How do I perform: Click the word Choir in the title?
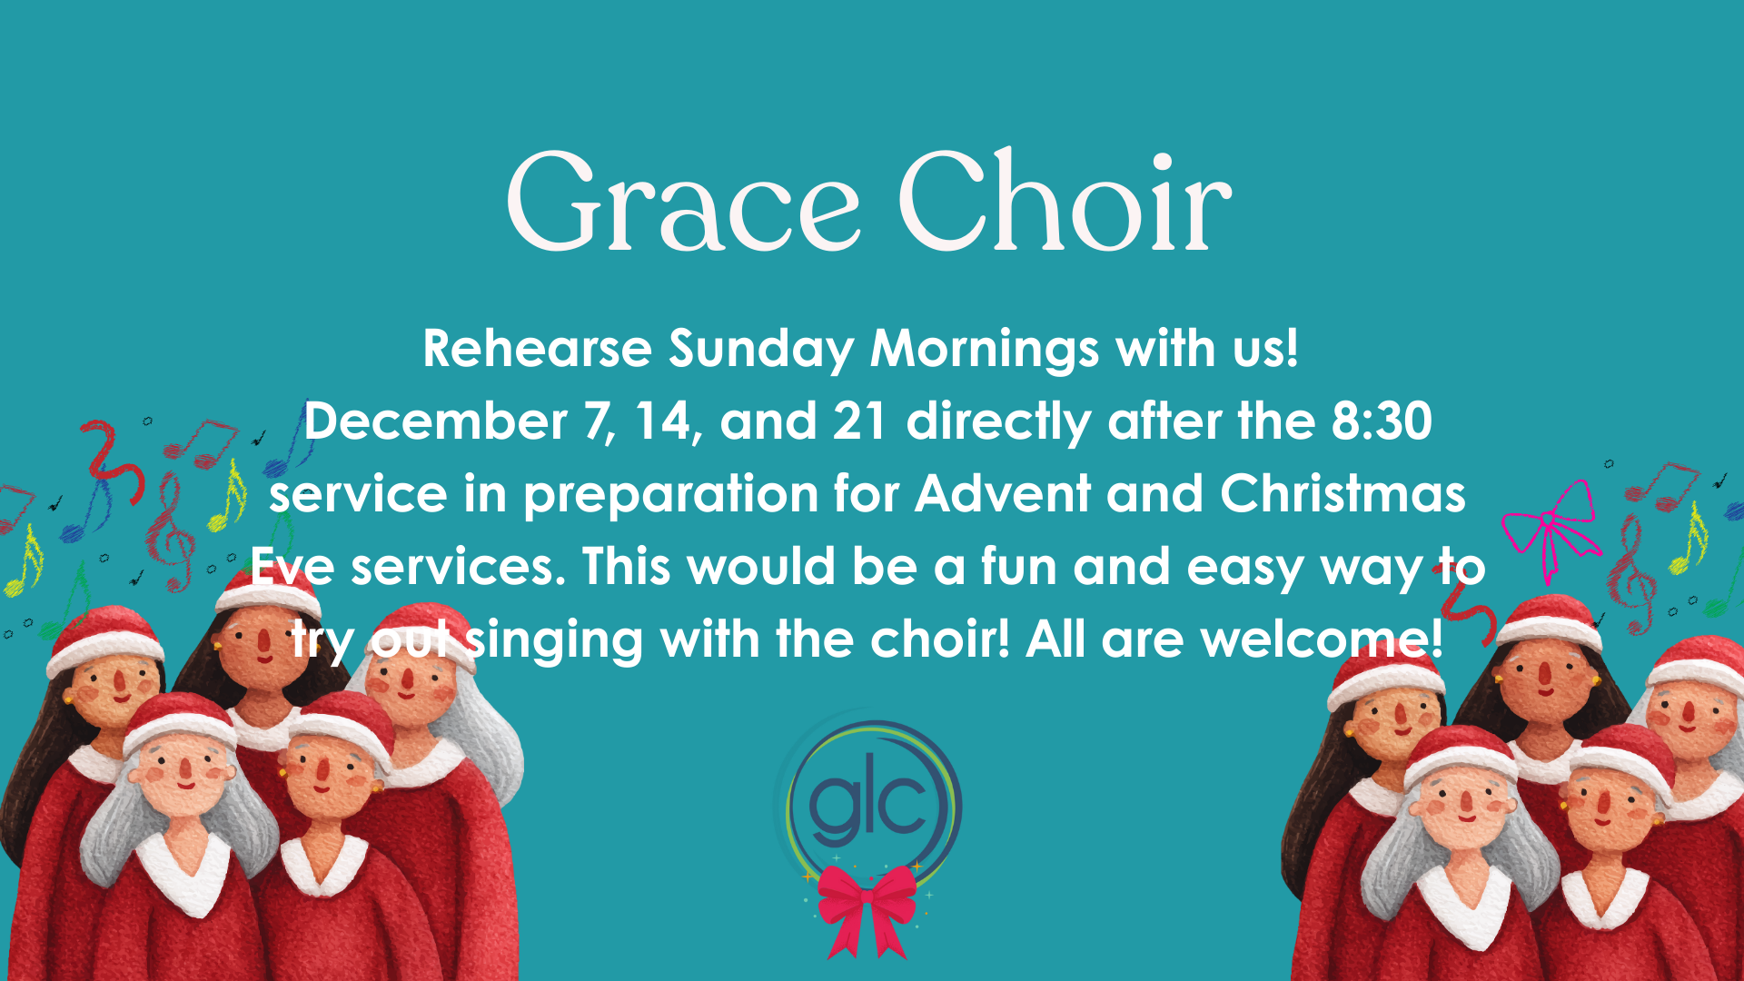point(1065,202)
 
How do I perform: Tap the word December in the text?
point(436,422)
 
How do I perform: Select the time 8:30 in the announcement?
point(1382,421)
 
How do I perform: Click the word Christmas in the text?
point(1343,494)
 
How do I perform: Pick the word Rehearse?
point(537,349)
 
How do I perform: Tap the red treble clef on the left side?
point(171,531)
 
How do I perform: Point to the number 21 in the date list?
point(859,421)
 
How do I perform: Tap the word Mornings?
point(985,351)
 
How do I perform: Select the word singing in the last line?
point(554,641)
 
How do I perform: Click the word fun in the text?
point(1018,567)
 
